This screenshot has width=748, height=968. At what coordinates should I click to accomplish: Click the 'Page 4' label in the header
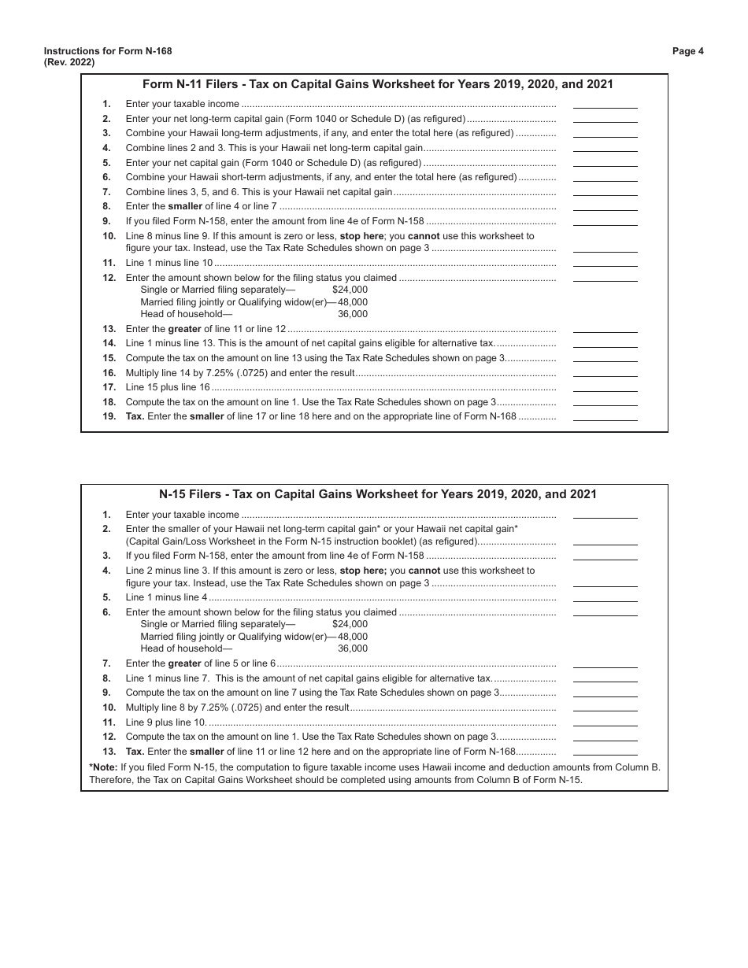tap(687, 51)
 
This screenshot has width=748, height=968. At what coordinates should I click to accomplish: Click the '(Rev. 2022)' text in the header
tap(69, 63)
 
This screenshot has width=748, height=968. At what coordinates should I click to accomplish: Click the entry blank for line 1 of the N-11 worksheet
tap(605, 105)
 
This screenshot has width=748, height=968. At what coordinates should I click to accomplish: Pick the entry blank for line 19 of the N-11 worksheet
tap(605, 417)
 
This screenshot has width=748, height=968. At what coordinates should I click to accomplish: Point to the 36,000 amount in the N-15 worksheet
tap(352, 648)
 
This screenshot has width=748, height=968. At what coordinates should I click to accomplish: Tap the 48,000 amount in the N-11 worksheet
tap(352, 302)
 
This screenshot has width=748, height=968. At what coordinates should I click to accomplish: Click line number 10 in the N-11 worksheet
tap(109, 236)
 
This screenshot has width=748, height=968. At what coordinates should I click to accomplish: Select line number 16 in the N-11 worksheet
tap(109, 373)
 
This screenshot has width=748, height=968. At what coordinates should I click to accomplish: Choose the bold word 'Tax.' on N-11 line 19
tap(135, 417)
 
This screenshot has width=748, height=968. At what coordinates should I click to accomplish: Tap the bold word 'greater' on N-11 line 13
tap(184, 329)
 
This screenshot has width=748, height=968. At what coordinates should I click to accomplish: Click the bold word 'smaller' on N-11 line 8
tap(186, 206)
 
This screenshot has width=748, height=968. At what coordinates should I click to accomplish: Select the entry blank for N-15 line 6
tap(605, 613)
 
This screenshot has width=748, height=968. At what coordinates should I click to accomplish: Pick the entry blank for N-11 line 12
tap(605, 278)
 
